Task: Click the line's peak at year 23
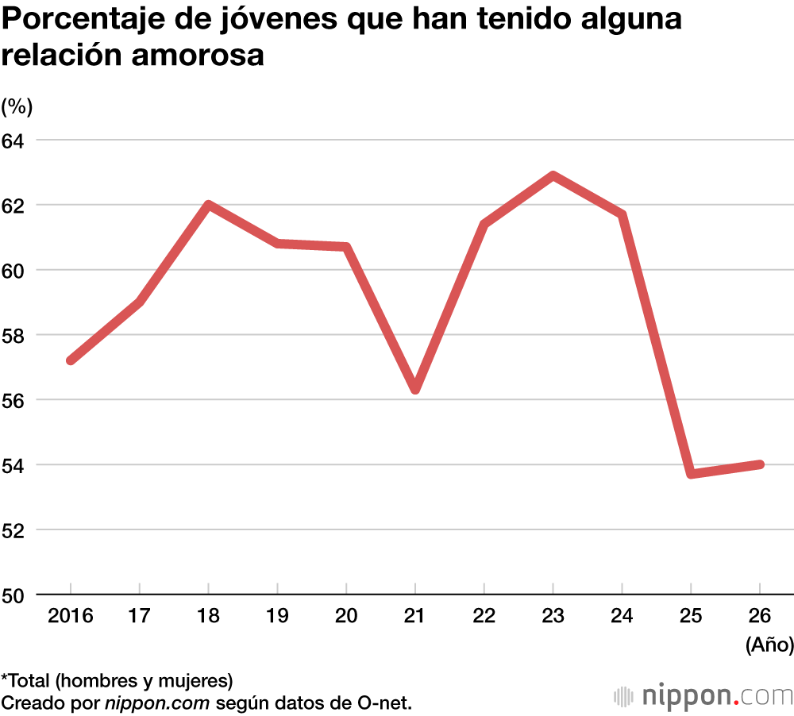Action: point(553,175)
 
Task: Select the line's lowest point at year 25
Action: point(692,474)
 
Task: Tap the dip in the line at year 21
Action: point(415,389)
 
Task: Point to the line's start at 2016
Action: point(71,360)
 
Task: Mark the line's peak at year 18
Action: point(208,205)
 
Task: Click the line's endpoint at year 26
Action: point(760,464)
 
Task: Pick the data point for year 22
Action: point(484,225)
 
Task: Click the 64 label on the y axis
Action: point(15,140)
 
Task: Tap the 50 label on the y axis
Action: point(15,595)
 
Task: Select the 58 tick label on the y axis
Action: point(15,335)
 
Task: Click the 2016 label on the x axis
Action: point(71,616)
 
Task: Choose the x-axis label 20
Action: point(346,616)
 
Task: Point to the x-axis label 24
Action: point(622,616)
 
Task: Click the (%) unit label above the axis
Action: point(17,106)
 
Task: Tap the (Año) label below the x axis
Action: point(769,645)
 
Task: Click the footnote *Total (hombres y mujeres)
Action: point(117,679)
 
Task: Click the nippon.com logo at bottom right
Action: point(703,696)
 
